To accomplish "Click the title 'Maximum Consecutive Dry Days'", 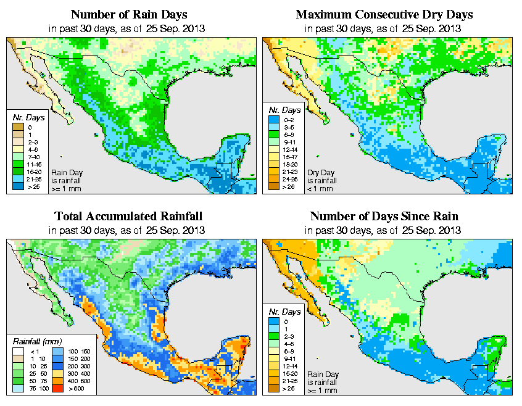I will (384, 14).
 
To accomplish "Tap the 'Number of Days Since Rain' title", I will (384, 217).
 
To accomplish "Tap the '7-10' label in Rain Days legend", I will (33, 157).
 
